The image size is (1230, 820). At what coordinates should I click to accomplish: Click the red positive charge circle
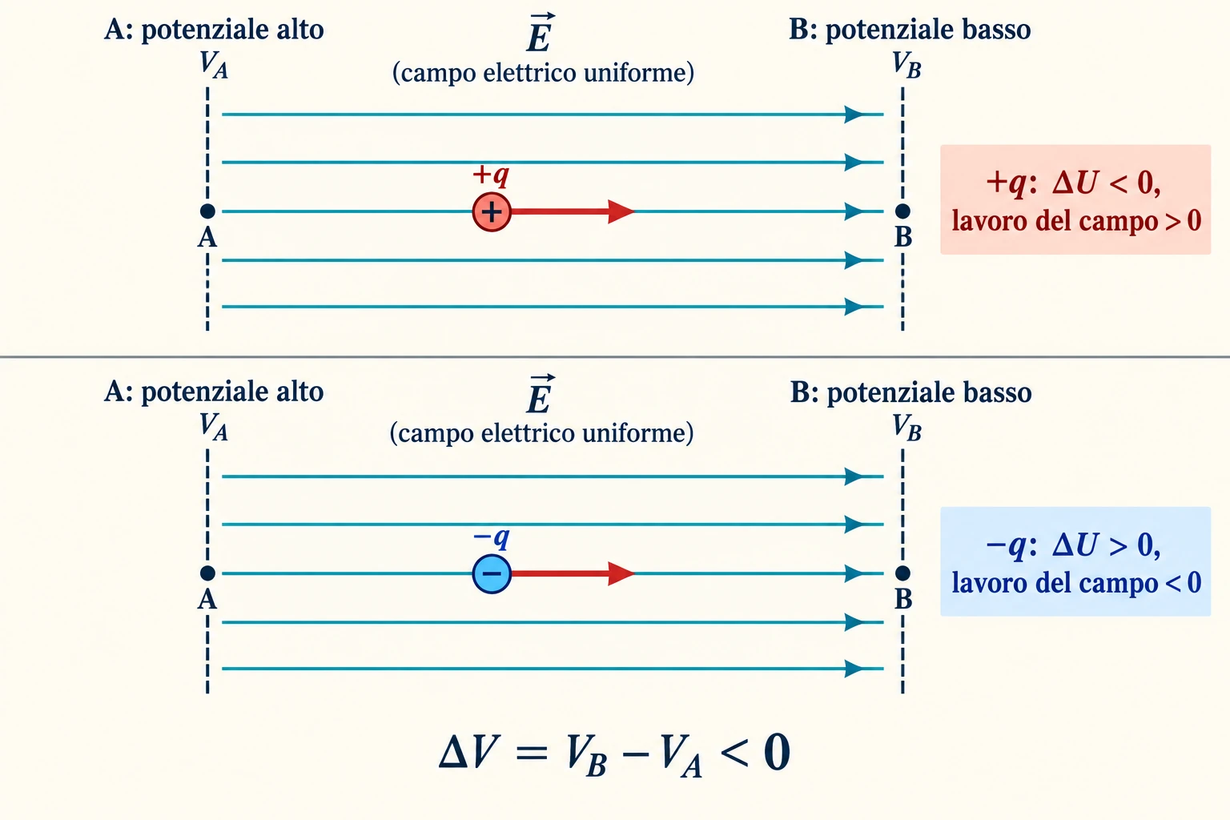(492, 211)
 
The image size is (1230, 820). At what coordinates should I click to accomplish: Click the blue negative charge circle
(492, 573)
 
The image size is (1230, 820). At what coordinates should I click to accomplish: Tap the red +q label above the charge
(491, 175)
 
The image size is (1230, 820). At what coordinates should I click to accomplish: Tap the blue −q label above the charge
(491, 537)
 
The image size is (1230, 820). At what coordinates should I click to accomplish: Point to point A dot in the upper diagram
(207, 211)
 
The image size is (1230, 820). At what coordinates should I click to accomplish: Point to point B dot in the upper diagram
(902, 211)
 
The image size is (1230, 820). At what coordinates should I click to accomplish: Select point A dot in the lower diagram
(207, 573)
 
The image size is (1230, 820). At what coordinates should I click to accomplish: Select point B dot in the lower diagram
(902, 573)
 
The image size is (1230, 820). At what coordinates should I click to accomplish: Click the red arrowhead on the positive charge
(621, 211)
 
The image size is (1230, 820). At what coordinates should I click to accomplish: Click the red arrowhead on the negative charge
(621, 573)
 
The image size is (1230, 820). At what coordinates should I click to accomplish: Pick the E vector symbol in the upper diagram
(540, 32)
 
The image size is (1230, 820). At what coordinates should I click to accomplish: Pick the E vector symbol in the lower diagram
(540, 394)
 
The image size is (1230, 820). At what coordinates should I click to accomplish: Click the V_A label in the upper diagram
(213, 65)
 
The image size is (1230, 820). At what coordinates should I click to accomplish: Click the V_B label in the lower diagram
(906, 428)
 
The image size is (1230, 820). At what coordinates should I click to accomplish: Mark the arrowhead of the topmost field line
(854, 115)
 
